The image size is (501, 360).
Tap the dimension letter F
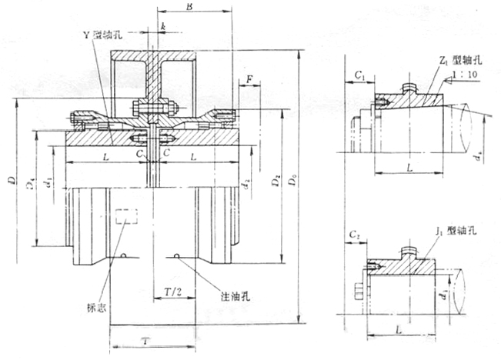pyautogui.click(x=249, y=79)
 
